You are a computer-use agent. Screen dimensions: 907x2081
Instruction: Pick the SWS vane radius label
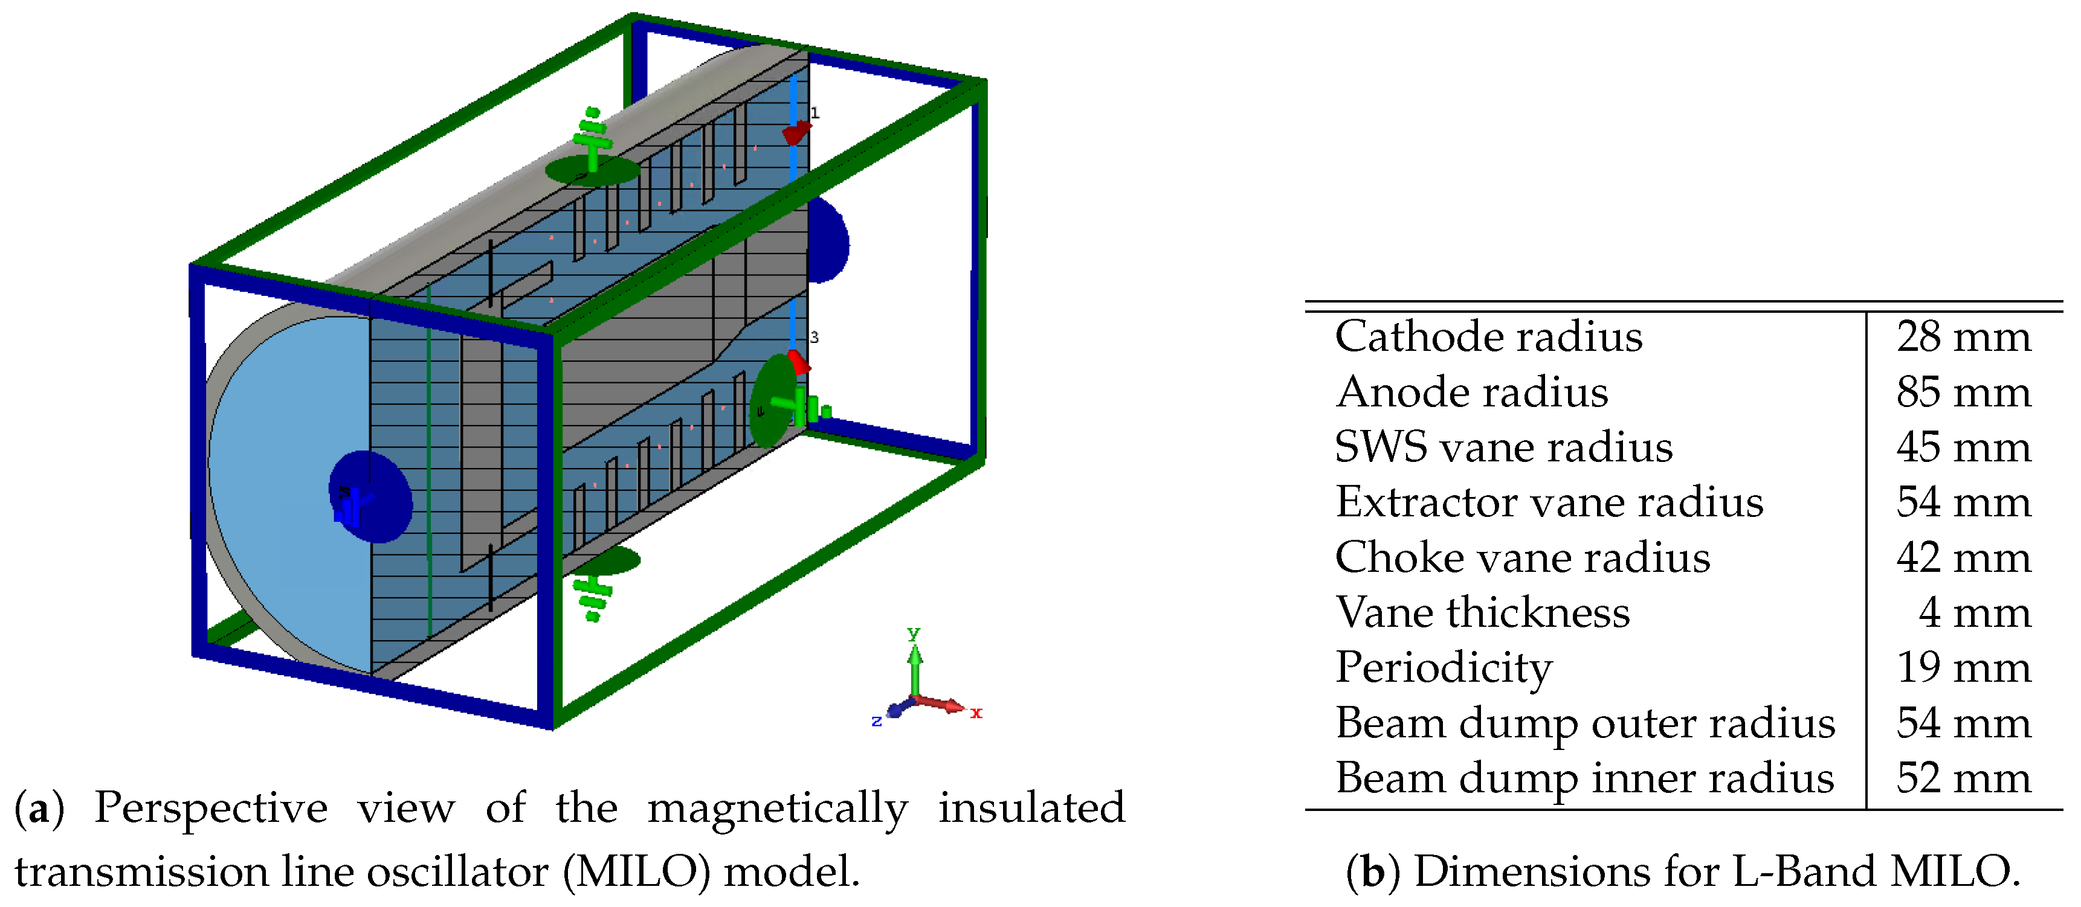click(x=1503, y=447)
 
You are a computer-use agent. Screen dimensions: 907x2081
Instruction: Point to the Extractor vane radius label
click(x=1549, y=502)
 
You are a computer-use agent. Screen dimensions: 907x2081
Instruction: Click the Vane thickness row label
click(x=1482, y=612)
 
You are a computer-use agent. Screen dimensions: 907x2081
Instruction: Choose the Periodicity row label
click(x=1444, y=668)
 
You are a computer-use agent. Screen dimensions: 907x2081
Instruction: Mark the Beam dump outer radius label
click(x=1585, y=723)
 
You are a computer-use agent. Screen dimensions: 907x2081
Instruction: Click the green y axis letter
click(x=914, y=632)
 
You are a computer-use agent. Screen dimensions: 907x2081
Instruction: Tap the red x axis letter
click(x=976, y=713)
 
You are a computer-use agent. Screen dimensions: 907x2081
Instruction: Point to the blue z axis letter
click(x=877, y=720)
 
